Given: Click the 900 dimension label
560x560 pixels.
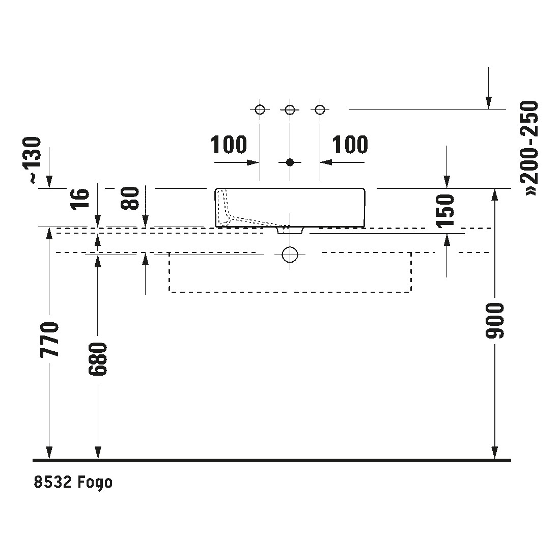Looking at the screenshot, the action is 495,320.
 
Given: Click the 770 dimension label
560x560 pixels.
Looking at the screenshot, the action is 49,340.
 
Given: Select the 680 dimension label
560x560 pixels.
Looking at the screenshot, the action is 98,359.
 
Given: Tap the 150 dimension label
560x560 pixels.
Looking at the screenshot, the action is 445,210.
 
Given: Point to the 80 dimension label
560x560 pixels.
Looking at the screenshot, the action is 130,199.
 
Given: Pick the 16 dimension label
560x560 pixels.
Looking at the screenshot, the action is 79,199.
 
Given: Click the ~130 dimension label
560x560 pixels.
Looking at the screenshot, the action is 35,160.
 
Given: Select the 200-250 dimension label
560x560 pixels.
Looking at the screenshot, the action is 529,148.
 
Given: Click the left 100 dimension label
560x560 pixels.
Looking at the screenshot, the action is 229,145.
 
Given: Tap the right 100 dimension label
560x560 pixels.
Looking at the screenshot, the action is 350,145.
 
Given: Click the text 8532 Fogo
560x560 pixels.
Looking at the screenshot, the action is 73,483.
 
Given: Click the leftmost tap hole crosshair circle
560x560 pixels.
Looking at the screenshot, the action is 260,109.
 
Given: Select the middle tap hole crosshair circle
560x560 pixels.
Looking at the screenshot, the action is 290,109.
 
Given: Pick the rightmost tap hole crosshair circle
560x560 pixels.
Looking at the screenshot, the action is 320,109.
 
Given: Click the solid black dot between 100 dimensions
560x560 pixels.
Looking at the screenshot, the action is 290,162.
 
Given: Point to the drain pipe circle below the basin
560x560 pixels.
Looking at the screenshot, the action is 290,254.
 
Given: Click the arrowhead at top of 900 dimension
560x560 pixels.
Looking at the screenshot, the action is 495,194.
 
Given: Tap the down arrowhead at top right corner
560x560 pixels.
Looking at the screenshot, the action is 489,103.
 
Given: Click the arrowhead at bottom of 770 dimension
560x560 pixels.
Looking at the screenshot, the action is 49,453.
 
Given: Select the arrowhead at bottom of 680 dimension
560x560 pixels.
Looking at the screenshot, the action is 98,453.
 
